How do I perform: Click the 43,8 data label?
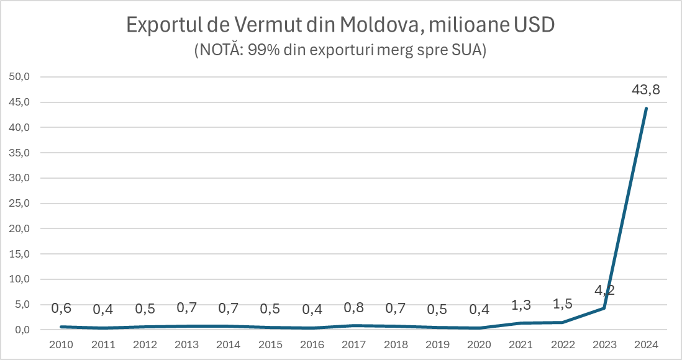coord(645,90)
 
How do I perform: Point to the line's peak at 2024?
coord(646,109)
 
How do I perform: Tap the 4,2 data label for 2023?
coord(604,290)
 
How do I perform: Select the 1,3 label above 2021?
coord(521,305)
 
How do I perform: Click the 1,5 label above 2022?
coord(562,304)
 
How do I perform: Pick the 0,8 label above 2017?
coord(353,307)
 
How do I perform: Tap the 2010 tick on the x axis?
coord(61,344)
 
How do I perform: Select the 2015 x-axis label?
coord(270,344)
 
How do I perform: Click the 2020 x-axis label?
coord(479,344)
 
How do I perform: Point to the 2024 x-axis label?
coord(646,344)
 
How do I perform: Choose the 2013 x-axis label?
coord(186,344)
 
